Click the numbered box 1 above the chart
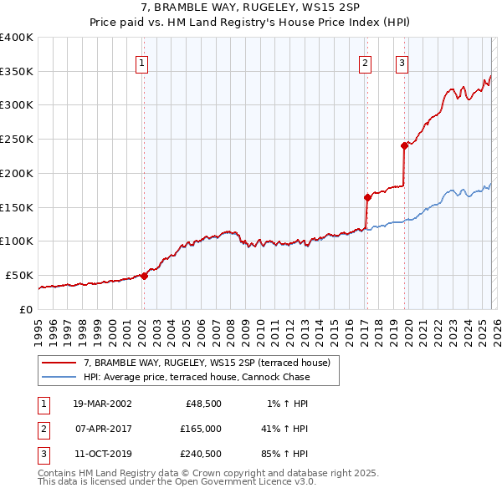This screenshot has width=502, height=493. [142, 63]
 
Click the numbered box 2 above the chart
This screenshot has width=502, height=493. [366, 63]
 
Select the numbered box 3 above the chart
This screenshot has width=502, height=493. [402, 63]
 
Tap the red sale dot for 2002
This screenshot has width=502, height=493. [144, 276]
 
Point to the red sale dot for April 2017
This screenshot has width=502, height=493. [366, 197]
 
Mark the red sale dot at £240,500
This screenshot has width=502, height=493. [404, 145]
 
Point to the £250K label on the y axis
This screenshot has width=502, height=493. [17, 140]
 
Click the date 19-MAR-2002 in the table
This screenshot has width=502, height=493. [102, 403]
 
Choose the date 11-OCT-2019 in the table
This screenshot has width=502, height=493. [102, 455]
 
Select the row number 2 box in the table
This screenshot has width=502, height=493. [41, 429]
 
